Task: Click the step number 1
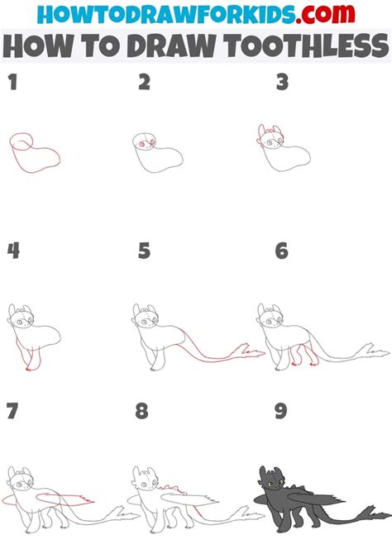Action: (11, 82)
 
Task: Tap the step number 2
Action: (144, 82)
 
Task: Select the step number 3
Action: (282, 82)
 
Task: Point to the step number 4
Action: (12, 250)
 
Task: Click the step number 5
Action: (144, 250)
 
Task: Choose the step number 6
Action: (282, 250)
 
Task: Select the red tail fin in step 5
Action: (247, 351)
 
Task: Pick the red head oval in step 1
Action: (22, 143)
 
